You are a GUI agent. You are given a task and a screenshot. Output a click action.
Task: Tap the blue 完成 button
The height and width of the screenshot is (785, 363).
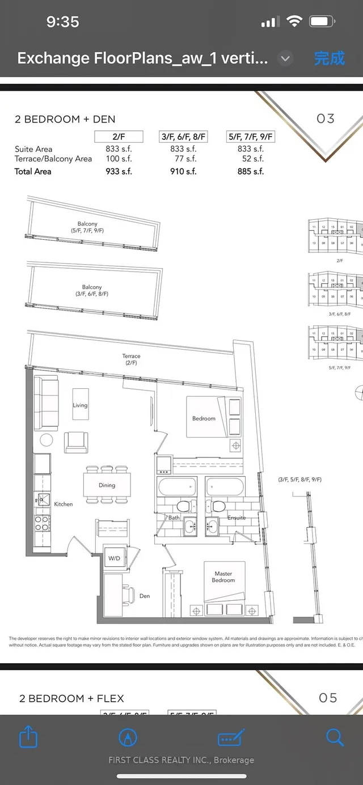point(329,58)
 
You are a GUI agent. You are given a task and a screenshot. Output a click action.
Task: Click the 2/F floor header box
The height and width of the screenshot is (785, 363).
point(119,137)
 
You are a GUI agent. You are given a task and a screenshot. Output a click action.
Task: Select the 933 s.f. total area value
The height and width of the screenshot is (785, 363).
point(119,171)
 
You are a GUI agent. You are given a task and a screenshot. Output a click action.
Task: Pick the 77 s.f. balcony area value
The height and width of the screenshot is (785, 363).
point(186,159)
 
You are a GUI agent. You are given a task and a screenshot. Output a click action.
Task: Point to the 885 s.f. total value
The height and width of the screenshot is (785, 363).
point(251,171)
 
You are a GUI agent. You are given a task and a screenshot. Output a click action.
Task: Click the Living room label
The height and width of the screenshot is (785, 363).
point(80,405)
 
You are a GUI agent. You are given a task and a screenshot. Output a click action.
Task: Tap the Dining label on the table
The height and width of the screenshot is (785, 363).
point(107,485)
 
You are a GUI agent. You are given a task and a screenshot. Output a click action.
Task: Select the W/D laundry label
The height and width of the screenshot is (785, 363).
point(114,558)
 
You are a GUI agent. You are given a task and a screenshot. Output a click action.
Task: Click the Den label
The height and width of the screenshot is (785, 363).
point(145,596)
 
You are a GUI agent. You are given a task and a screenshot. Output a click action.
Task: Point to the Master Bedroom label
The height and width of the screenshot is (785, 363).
point(223,577)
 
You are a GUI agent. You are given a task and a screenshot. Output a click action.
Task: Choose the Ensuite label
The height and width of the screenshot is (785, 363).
point(237,517)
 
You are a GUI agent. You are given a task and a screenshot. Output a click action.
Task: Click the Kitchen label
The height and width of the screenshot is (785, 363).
point(64,504)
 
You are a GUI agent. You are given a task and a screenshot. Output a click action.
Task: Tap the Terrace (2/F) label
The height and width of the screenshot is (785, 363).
point(131,359)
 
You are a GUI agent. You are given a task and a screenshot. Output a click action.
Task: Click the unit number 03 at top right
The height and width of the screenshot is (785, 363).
point(326,118)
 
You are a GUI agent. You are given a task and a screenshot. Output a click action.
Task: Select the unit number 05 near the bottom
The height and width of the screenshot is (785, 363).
point(328,698)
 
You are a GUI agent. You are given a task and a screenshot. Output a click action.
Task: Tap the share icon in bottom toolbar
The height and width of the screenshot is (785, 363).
point(28,737)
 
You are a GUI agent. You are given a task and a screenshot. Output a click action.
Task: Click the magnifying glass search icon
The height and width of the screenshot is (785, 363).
point(335,737)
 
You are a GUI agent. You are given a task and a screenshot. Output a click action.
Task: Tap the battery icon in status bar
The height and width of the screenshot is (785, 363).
point(322,22)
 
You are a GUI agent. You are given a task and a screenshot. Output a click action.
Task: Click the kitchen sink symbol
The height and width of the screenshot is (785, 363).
point(43,499)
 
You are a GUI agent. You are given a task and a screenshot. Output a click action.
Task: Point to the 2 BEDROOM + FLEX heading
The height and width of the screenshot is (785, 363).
point(71,698)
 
